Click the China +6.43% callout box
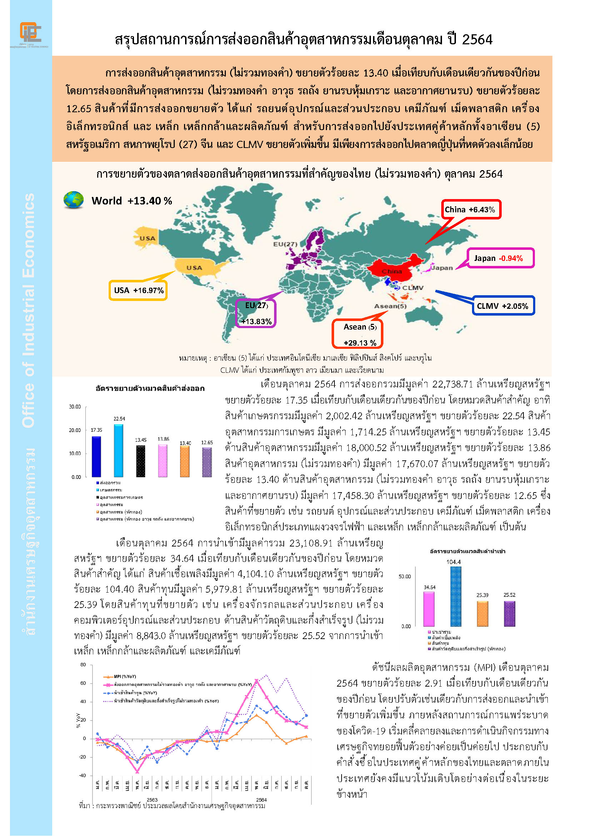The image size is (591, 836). point(471,209)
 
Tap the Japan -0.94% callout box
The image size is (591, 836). point(500,258)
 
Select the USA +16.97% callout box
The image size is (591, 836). point(138,290)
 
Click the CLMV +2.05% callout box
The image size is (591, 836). point(503,306)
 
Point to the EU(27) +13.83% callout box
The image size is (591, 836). point(256,313)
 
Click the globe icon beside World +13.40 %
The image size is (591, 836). point(74,200)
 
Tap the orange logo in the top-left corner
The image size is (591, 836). point(30,33)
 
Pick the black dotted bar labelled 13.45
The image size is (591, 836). point(140,461)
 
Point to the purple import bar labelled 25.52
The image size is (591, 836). point(509,614)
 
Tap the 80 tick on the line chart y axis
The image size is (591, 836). point(83,664)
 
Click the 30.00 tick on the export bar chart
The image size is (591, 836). point(75,407)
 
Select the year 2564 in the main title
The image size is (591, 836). point(477,39)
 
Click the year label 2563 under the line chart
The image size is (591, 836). point(152,800)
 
